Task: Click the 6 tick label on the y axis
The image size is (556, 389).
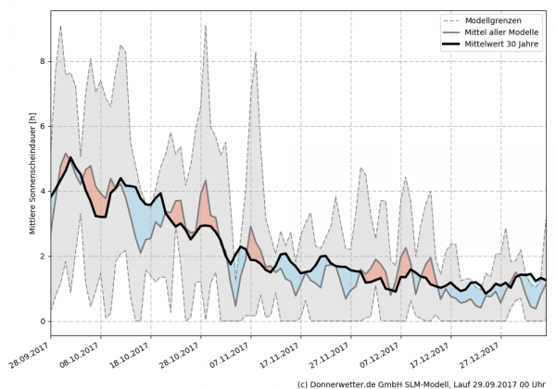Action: click(x=41, y=126)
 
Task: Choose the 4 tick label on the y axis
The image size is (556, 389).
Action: click(x=41, y=191)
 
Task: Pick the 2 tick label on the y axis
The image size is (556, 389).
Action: click(x=41, y=256)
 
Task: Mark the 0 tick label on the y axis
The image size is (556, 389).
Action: click(x=41, y=321)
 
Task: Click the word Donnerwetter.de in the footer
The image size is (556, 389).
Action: click(x=344, y=383)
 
